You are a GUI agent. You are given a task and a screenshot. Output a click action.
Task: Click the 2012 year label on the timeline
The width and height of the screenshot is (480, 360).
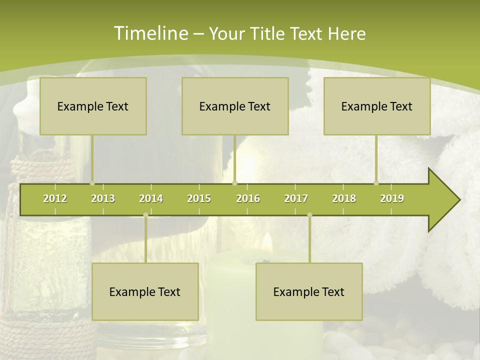tap(55, 198)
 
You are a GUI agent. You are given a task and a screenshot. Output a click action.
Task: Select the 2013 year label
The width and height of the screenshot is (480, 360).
tap(103, 198)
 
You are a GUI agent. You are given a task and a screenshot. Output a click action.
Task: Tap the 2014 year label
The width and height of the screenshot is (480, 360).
tap(151, 198)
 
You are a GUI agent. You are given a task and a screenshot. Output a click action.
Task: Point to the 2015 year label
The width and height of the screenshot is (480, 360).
tap(199, 198)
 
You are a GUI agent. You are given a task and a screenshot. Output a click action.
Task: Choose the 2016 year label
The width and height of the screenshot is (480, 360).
tap(248, 198)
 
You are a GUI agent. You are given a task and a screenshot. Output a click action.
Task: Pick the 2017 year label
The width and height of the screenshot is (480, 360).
tap(296, 198)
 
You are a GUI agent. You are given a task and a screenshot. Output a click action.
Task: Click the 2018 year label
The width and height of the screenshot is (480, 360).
tap(344, 198)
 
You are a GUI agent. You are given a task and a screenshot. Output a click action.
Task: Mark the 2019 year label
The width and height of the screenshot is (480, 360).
tap(392, 198)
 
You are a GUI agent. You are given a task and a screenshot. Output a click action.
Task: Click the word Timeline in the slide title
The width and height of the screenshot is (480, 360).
tap(150, 33)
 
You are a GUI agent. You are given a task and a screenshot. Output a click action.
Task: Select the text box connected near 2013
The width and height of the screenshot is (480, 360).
tap(93, 106)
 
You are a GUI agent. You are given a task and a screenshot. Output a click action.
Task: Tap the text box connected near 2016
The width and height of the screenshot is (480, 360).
tap(235, 106)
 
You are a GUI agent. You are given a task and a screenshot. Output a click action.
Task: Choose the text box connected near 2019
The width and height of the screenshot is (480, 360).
tap(377, 106)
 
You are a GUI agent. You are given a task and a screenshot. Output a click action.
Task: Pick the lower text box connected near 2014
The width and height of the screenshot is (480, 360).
tap(145, 291)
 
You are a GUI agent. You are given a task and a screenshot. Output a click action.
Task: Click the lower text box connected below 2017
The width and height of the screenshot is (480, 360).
tap(309, 291)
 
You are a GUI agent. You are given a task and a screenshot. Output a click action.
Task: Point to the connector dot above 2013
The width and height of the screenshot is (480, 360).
tap(92, 183)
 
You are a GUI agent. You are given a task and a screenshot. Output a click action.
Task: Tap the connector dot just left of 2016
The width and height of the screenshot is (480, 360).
tap(235, 183)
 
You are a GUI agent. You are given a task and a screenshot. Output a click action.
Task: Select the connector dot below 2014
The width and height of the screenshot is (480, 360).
tap(145, 215)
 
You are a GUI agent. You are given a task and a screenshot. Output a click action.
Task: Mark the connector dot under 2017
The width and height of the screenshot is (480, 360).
tap(309, 215)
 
